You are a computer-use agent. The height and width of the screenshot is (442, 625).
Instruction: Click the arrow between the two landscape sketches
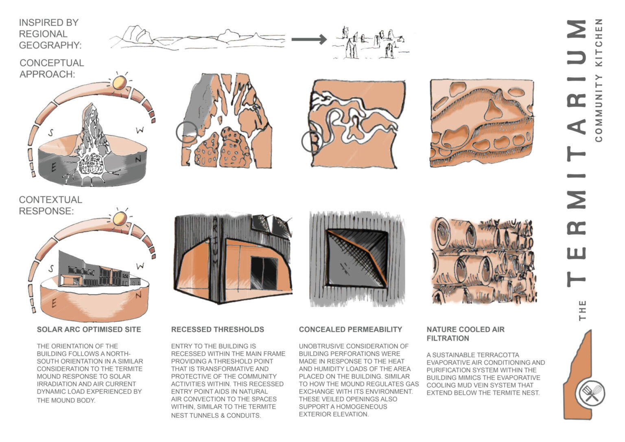(x=309, y=39)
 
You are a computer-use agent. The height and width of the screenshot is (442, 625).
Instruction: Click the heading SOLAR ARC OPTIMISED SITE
(x=89, y=329)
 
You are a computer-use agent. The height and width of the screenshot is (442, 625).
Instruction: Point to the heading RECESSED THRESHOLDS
(x=217, y=329)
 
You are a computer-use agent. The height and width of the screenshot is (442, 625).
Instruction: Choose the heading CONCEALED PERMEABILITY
(x=350, y=329)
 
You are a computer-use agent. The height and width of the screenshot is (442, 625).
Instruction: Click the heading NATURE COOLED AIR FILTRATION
(x=465, y=334)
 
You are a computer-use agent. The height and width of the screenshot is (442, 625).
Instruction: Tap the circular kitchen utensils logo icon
(x=591, y=394)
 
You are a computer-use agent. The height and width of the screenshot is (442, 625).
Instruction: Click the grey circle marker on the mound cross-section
(x=187, y=132)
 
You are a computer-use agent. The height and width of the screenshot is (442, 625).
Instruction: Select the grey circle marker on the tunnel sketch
(x=312, y=142)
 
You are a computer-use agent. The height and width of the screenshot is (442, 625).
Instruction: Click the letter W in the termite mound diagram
(x=140, y=131)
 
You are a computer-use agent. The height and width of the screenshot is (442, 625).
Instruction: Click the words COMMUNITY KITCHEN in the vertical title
(x=598, y=80)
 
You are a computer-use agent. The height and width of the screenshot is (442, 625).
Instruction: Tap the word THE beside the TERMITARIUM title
(x=582, y=310)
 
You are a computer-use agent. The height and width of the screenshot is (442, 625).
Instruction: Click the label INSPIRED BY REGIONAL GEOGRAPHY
(x=50, y=34)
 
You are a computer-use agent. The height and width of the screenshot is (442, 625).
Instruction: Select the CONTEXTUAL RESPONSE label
(x=50, y=205)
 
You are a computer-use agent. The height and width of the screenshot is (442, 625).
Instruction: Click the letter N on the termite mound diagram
(x=138, y=160)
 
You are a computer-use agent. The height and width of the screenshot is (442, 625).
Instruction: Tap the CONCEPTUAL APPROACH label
(x=52, y=68)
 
